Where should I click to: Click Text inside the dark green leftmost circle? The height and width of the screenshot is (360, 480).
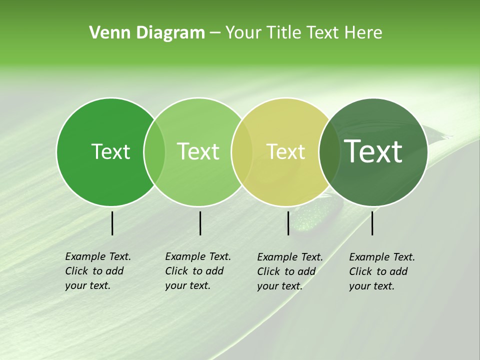[110, 151]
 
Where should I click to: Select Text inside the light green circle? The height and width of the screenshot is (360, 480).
[198, 151]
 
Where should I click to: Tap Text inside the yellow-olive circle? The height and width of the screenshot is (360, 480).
[285, 151]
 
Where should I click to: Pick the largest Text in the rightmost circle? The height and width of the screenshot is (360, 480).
[373, 151]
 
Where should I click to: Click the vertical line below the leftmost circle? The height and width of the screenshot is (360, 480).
[112, 223]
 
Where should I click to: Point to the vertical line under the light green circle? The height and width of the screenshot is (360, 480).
[200, 223]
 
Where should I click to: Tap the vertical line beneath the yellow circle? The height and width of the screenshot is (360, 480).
[288, 223]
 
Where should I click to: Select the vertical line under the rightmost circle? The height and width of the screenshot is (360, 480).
[372, 223]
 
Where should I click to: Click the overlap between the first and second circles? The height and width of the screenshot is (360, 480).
[154, 151]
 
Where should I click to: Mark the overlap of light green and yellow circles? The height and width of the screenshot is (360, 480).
[242, 151]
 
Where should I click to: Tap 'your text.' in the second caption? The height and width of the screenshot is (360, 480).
[187, 285]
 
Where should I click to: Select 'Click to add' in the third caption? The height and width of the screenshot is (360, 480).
[286, 271]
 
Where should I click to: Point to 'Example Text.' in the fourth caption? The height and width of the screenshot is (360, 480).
[382, 257]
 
